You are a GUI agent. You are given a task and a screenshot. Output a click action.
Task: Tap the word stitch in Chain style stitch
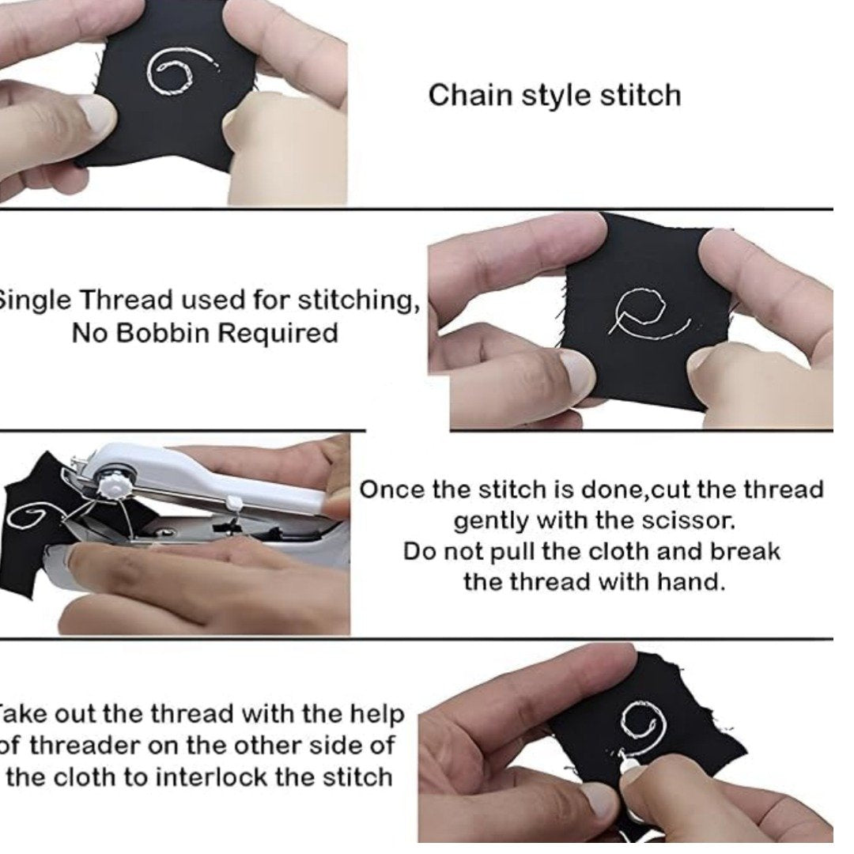(640, 96)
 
